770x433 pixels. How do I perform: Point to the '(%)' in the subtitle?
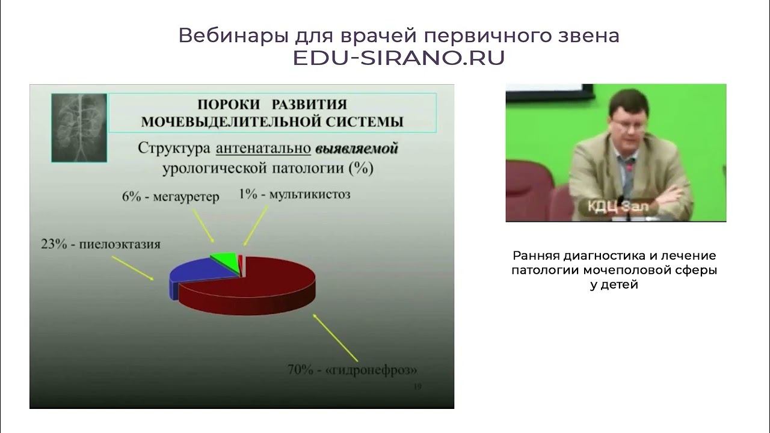(x=361, y=168)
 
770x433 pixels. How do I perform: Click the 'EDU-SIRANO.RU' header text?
(x=398, y=58)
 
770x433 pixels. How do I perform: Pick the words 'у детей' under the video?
(x=614, y=285)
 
